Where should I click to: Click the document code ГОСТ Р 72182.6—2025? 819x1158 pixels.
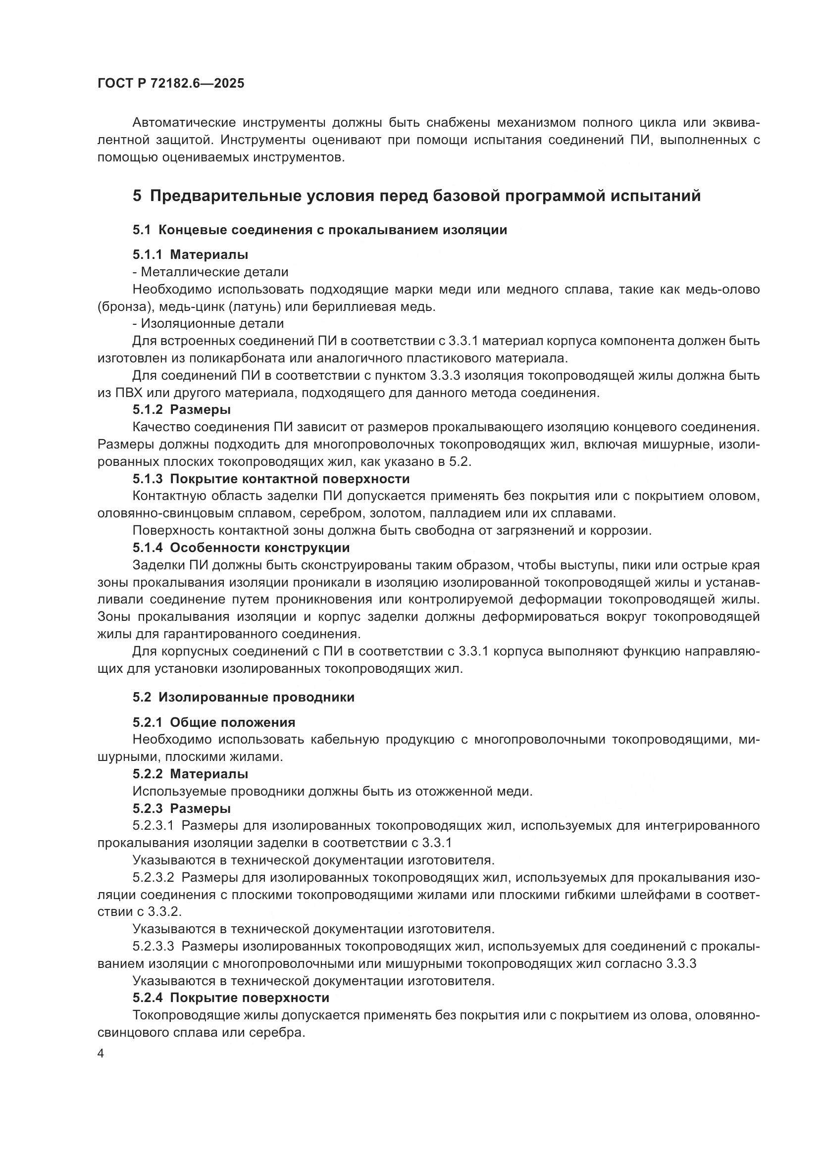point(170,83)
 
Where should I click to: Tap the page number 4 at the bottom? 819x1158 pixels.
point(101,1054)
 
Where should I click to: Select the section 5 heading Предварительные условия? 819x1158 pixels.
point(416,195)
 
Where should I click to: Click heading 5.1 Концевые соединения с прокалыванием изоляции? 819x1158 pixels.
point(320,230)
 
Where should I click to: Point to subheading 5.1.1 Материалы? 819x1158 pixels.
point(190,254)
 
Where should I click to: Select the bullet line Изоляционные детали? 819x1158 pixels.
point(208,323)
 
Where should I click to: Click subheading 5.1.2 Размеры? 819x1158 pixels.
point(182,409)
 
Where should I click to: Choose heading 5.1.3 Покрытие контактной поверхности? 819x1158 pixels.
point(271,479)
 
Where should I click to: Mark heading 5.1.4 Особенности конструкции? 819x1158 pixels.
point(241,548)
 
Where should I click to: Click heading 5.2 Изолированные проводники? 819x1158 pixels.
point(244,697)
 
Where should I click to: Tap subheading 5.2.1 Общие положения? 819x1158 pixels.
point(214,722)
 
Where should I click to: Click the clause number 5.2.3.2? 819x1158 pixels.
point(154,877)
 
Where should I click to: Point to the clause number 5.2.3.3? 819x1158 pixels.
point(154,946)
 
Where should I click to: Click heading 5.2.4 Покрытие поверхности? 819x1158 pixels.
point(231,998)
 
